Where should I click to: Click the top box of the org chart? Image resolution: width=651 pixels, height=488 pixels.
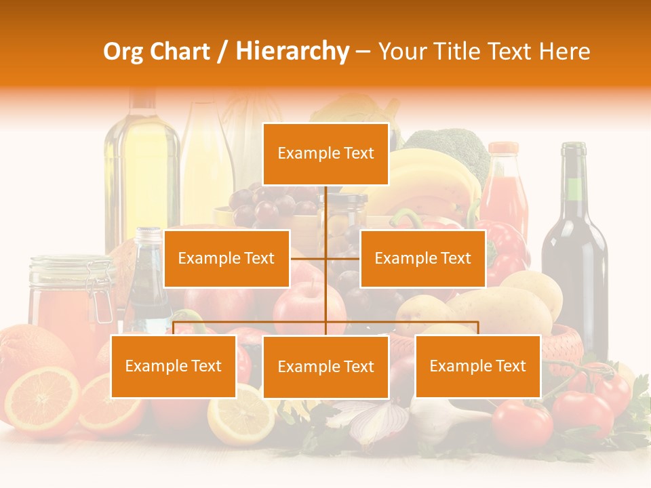click(325, 154)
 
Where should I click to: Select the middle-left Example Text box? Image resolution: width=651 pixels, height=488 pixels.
click(226, 258)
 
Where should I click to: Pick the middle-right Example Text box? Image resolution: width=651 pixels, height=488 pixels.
click(422, 258)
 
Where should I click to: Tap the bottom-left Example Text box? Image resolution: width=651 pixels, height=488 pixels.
click(174, 366)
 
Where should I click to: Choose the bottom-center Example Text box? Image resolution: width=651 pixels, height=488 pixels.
click(325, 367)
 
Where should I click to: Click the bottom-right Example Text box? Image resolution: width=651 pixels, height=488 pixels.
click(477, 366)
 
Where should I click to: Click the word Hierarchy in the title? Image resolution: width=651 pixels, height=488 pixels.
click(292, 51)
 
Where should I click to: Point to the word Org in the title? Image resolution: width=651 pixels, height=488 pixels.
click(125, 52)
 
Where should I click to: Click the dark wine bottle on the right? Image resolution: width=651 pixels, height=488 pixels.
click(574, 258)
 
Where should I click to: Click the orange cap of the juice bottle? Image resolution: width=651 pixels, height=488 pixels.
click(503, 148)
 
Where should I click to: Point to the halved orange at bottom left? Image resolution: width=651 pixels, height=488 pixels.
click(42, 400)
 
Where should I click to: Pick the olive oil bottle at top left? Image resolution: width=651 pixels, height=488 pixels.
click(141, 169)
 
